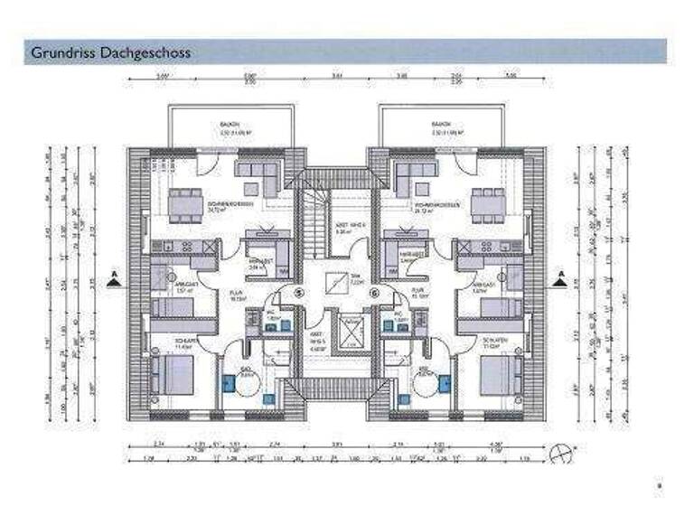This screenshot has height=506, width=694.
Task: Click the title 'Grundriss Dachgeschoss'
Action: point(110,52)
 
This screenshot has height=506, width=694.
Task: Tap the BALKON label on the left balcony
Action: point(230,124)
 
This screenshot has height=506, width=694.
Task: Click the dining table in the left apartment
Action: point(186,204)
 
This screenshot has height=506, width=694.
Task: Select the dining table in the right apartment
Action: point(485,204)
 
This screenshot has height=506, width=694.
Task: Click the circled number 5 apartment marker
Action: point(300,293)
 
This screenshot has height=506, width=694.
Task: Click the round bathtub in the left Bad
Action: point(243,382)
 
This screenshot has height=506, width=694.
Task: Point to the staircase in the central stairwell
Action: point(314,221)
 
